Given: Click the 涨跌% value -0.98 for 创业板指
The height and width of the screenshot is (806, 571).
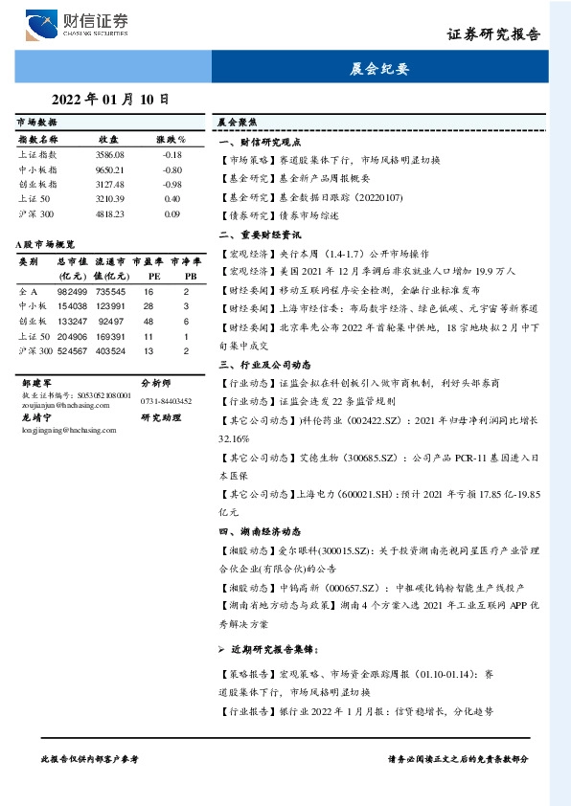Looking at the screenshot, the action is click(x=171, y=184).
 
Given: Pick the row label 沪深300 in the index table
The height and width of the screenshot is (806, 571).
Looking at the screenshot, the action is click(x=37, y=213).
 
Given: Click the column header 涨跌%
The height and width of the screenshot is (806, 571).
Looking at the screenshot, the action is click(x=171, y=140).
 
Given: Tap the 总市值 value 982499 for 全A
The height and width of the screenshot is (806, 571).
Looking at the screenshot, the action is click(x=73, y=290).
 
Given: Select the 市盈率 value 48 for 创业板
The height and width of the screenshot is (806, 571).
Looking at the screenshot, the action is click(x=148, y=321).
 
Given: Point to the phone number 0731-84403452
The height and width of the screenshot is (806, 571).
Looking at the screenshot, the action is click(x=166, y=402).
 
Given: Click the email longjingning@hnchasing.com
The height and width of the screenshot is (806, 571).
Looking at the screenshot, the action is click(x=61, y=431).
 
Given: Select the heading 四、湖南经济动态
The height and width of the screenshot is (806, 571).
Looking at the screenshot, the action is click(x=261, y=531).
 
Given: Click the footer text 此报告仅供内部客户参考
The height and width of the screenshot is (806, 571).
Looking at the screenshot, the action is click(x=89, y=757).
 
